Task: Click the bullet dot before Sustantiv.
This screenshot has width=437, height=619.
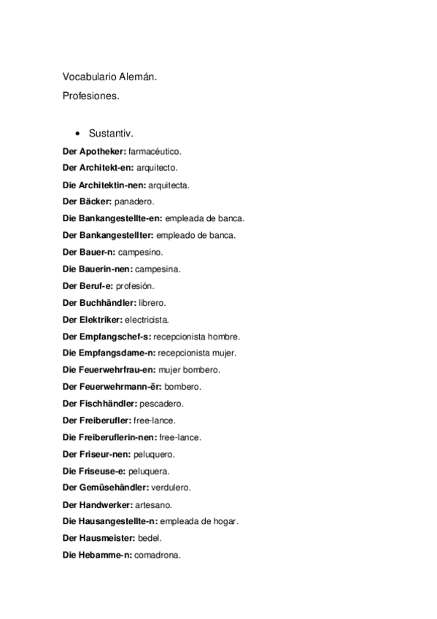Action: click(x=77, y=134)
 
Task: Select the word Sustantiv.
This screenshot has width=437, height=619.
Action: click(x=110, y=134)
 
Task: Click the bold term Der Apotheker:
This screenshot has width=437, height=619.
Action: click(x=94, y=151)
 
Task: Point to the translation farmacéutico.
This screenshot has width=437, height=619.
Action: click(x=155, y=151)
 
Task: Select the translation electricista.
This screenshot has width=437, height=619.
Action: click(x=147, y=319)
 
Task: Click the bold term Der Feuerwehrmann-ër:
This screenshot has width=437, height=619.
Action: click(x=112, y=386)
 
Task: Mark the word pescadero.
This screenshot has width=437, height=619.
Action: click(x=163, y=403)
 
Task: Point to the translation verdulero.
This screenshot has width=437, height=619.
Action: click(x=171, y=488)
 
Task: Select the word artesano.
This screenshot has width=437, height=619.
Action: click(x=154, y=504)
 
